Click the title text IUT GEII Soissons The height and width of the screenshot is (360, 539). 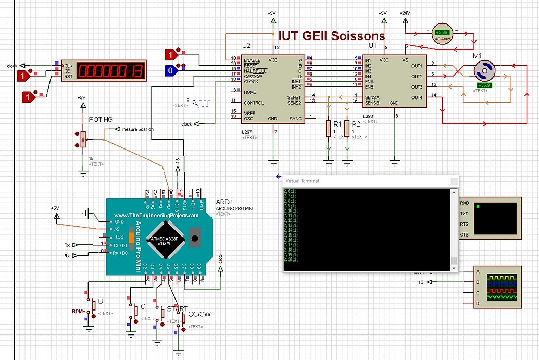coord(331,36)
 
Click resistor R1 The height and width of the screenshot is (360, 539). coord(328,128)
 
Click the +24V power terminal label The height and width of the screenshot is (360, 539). coord(406,13)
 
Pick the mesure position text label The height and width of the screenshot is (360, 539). coord(137,129)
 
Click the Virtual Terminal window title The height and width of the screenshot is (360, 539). coord(303,181)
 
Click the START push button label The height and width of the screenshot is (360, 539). coord(177,309)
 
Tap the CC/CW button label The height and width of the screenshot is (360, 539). coord(199,314)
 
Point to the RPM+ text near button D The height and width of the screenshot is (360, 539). coord(79,312)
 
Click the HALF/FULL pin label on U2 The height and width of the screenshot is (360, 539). coord(255,70)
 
